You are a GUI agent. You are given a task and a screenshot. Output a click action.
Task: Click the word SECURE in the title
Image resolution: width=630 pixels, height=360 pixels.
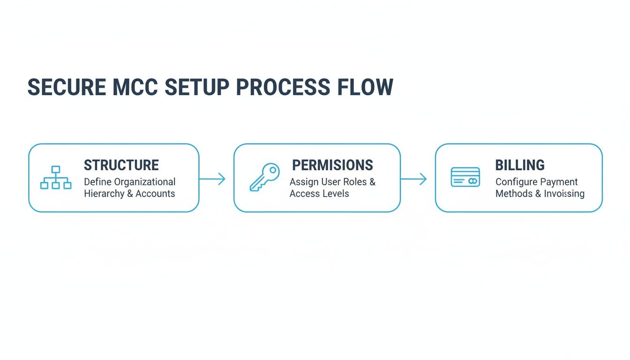click(x=67, y=88)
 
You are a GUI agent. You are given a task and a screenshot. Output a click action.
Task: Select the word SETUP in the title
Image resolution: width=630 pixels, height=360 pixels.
click(x=197, y=88)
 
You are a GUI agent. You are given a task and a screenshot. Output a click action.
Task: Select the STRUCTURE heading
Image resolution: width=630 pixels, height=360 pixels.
click(x=121, y=165)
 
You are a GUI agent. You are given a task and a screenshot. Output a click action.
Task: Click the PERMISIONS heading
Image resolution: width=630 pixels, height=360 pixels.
click(x=332, y=165)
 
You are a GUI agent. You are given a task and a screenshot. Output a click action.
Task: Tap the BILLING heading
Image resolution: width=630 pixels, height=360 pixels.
click(x=520, y=165)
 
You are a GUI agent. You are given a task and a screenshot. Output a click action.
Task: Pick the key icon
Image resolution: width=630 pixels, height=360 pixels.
click(x=264, y=177)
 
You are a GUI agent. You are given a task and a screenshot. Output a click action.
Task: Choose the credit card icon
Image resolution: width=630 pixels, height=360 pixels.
click(x=465, y=177)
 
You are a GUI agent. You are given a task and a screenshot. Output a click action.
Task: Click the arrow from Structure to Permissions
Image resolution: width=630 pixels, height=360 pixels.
click(x=212, y=179)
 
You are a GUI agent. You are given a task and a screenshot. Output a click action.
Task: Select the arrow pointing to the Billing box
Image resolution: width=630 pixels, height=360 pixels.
click(x=414, y=179)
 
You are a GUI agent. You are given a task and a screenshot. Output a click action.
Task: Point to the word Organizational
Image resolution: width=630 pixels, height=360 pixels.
click(x=145, y=182)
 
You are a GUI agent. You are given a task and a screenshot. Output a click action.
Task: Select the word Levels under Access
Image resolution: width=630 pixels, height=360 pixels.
click(x=336, y=194)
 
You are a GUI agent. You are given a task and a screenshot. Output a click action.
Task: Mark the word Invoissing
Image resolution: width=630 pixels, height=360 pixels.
click(x=564, y=194)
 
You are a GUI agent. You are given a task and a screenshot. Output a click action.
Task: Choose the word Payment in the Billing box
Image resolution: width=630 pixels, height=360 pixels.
click(x=560, y=182)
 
